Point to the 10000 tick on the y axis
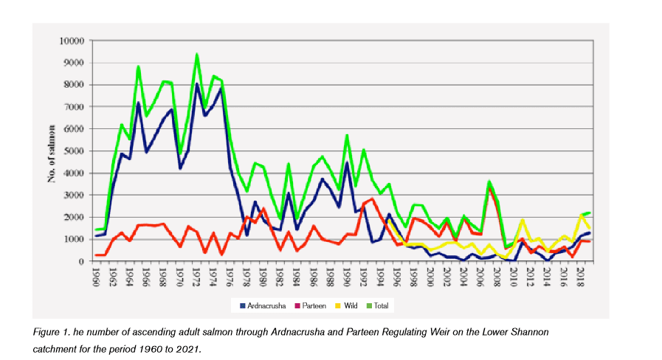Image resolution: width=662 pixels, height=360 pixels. (72, 41)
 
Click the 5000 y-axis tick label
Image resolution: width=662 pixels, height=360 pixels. (75, 151)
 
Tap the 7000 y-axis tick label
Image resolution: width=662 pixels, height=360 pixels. (75, 107)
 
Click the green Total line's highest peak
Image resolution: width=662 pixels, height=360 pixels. (197, 55)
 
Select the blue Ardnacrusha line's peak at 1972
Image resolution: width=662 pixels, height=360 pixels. (197, 83)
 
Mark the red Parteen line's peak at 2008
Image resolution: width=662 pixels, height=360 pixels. (489, 187)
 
